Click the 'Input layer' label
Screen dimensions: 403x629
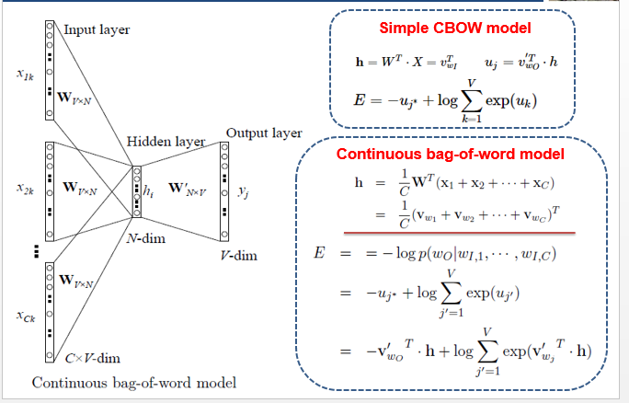pyautogui.click(x=96, y=29)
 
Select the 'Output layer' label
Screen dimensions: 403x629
pyautogui.click(x=263, y=132)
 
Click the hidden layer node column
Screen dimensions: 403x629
pyautogui.click(x=136, y=191)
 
